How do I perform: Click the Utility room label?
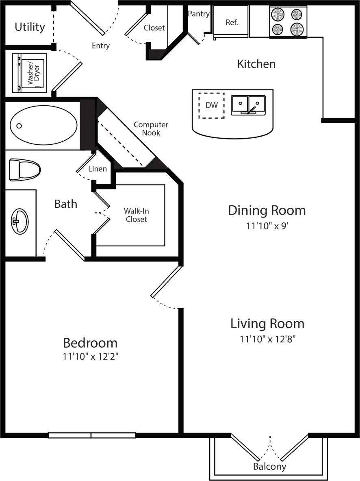30,27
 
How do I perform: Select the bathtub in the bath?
43,125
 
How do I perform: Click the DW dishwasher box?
211,105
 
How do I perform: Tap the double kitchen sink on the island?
248,105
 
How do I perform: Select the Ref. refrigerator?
231,22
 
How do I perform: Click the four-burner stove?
288,22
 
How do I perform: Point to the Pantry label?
199,14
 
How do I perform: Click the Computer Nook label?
151,129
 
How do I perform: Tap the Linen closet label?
98,169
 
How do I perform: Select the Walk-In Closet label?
136,215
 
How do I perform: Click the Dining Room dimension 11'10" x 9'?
267,226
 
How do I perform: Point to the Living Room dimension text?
267,340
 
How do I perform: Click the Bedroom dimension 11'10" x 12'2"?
90,357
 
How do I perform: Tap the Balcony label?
270,466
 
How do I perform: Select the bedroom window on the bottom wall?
92,435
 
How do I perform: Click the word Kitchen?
256,64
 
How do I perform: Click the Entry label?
101,46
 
